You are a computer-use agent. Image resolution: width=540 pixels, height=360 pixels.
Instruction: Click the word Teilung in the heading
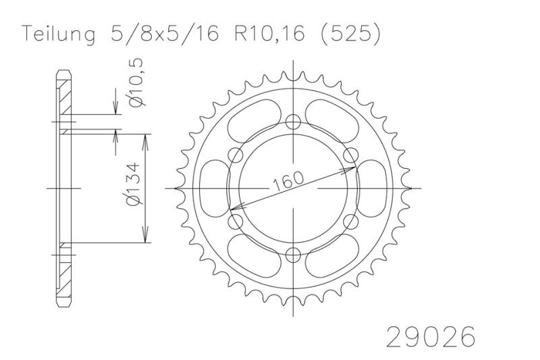click(x=59, y=34)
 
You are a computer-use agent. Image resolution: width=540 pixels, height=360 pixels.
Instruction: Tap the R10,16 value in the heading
click(x=269, y=34)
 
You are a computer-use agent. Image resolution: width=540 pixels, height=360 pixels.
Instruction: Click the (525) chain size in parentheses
click(x=350, y=34)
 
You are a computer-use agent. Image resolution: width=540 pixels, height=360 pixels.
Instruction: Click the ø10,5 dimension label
click(x=136, y=82)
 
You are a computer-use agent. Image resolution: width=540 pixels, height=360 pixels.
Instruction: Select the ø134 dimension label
click(x=134, y=184)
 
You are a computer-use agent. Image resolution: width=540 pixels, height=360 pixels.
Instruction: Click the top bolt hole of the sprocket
click(x=293, y=122)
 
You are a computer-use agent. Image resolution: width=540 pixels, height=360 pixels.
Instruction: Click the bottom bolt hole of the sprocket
click(x=293, y=255)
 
